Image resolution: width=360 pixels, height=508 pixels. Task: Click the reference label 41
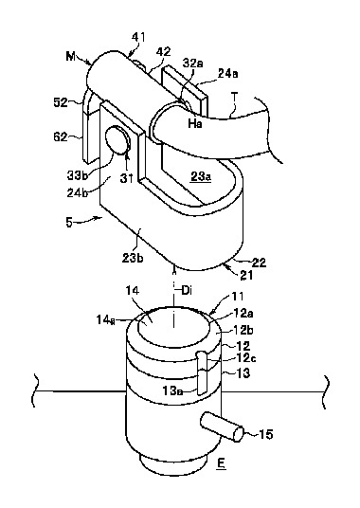(138, 37)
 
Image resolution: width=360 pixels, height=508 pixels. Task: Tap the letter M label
(71, 57)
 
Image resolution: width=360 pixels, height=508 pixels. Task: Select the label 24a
(228, 74)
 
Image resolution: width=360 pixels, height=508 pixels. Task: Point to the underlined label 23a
(201, 177)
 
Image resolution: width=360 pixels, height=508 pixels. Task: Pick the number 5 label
(69, 223)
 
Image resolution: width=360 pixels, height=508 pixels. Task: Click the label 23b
(133, 259)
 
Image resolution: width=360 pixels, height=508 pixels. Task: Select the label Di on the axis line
(187, 291)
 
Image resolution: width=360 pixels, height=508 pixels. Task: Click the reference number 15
(266, 434)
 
